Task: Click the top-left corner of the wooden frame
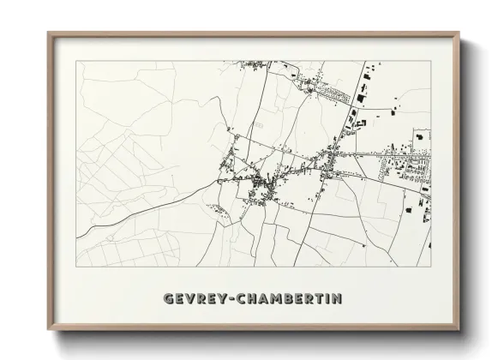click(48, 33)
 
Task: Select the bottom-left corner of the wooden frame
click(48, 331)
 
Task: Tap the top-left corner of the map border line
click(76, 61)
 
